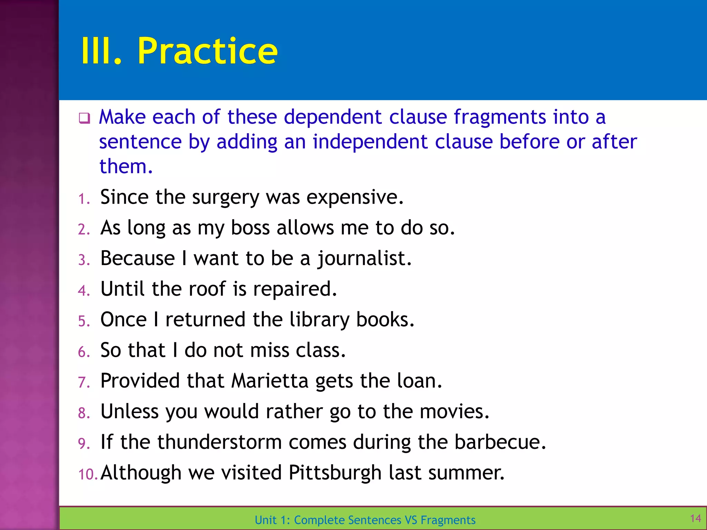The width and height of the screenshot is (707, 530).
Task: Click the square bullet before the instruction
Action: (84, 118)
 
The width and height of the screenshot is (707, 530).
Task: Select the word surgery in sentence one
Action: (225, 197)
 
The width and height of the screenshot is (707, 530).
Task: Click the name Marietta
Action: (270, 381)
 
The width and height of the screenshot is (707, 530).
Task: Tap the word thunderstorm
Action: (220, 442)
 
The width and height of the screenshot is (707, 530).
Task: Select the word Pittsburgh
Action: (335, 473)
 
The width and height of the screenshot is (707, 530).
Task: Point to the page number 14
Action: (695, 518)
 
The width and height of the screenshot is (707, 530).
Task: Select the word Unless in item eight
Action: (129, 411)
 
